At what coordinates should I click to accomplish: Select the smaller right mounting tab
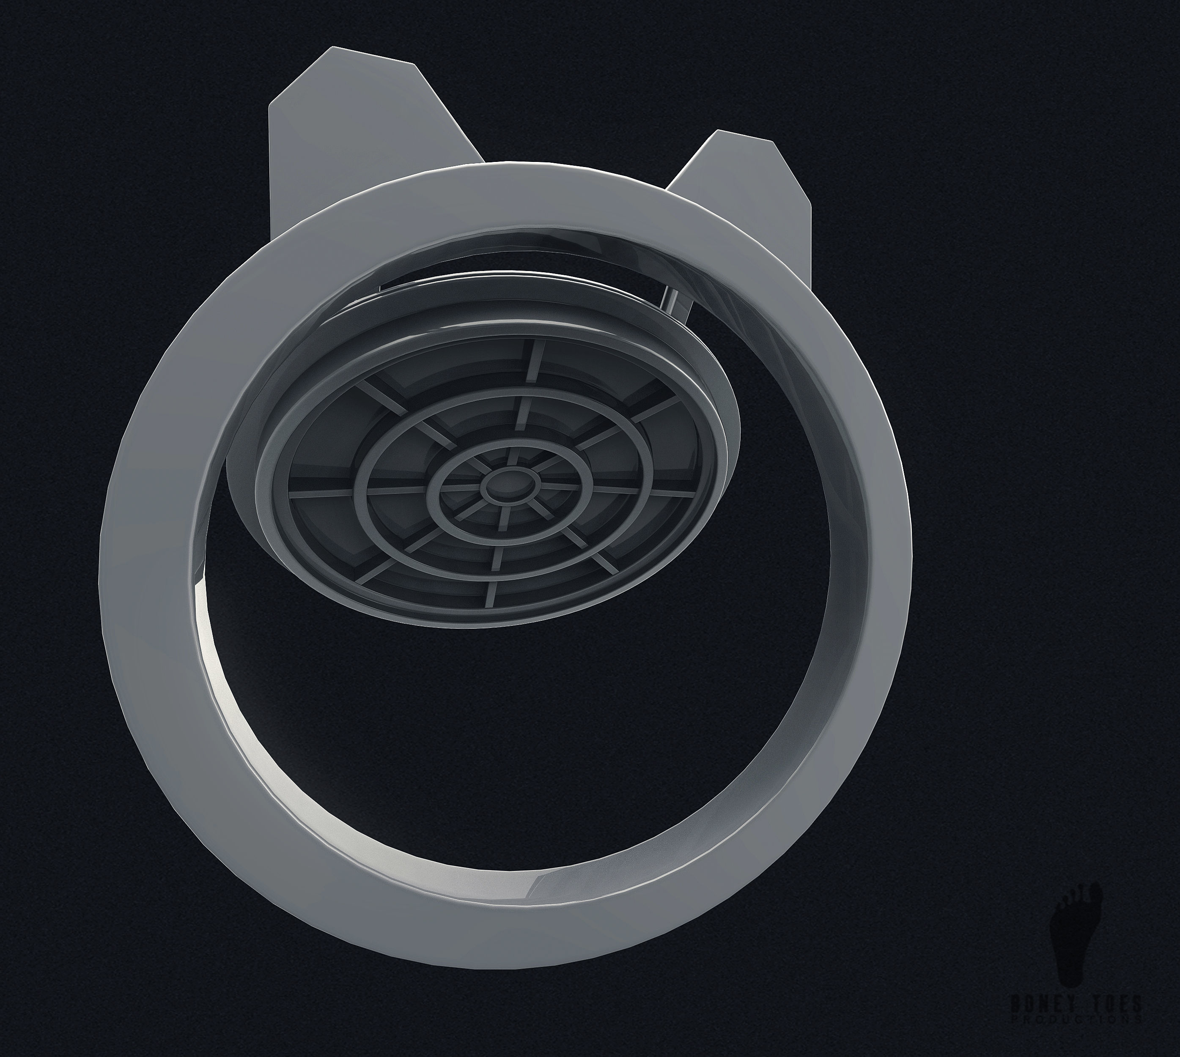(749, 186)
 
